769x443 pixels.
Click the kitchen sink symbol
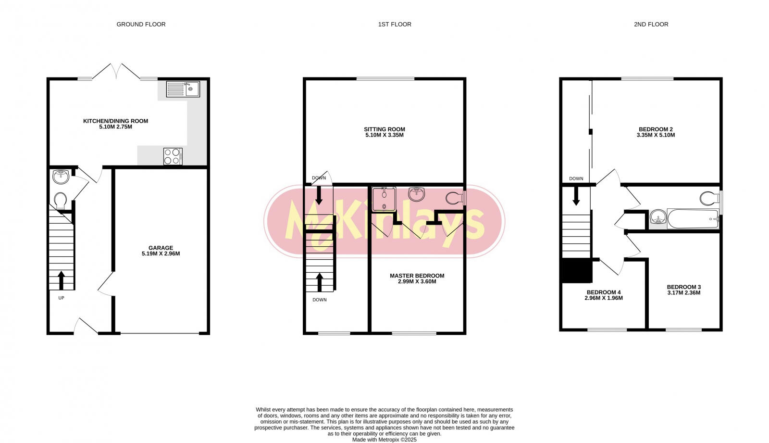(x=183, y=89)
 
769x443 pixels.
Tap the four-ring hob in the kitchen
(x=173, y=156)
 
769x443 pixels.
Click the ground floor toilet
(x=61, y=201)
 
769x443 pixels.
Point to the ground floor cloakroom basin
(x=61, y=177)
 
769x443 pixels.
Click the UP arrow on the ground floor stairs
(x=61, y=280)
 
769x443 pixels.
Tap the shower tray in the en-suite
(x=384, y=199)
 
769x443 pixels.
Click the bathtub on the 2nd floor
(x=692, y=219)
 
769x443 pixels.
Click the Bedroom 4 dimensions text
(x=603, y=298)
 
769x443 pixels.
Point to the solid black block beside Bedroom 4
(x=577, y=271)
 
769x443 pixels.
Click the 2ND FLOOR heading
(x=651, y=24)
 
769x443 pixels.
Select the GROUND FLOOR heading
(x=141, y=24)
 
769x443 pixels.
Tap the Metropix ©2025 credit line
(x=384, y=440)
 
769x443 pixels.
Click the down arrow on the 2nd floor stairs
(x=576, y=195)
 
